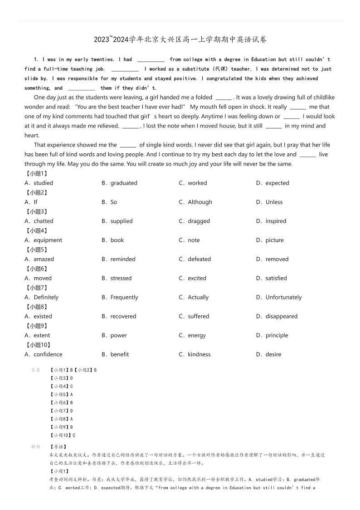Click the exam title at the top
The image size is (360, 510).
[180, 39]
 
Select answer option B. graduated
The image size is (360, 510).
[119, 183]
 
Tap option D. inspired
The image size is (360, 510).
[271, 221]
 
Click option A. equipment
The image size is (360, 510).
[44, 240]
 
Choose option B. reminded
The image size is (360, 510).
[118, 259]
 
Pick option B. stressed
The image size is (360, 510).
[117, 278]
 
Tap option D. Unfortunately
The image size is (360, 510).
[279, 297]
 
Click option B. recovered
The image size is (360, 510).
[119, 316]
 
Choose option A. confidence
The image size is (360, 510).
[44, 354]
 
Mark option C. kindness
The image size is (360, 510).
[195, 354]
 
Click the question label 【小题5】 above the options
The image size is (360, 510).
[37, 250]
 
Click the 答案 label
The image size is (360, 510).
[35, 370]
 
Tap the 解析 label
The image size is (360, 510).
[35, 447]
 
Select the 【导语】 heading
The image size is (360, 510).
[58, 447]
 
